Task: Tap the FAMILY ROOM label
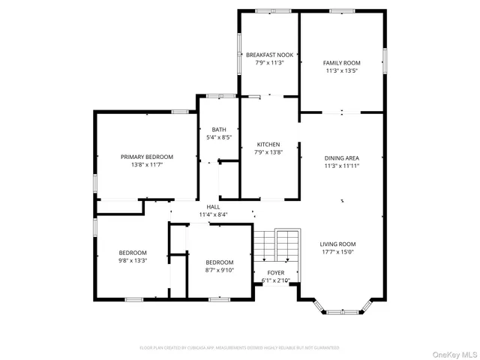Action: coord(341,63)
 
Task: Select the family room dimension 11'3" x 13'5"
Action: coord(341,71)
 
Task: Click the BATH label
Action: coord(218,130)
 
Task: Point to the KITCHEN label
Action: coord(268,144)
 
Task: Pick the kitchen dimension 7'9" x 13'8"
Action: coord(268,152)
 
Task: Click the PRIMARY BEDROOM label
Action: coord(147,157)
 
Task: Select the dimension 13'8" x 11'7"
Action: coord(147,164)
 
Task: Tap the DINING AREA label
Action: coord(341,157)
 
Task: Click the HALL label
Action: coord(213,206)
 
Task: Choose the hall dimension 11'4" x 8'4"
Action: coord(213,214)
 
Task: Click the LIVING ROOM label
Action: coord(337,244)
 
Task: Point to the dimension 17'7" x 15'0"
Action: coord(337,252)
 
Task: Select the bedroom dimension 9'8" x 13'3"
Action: coord(132,261)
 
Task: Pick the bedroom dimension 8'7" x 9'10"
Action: coord(220,269)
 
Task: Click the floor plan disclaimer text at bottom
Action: coord(239,348)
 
